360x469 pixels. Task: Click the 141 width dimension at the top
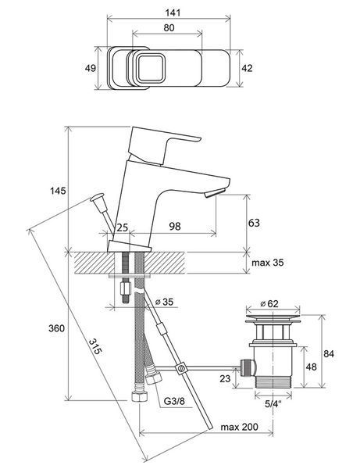click(x=173, y=13)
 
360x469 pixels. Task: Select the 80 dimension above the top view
click(x=169, y=28)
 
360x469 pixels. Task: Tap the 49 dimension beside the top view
click(x=91, y=68)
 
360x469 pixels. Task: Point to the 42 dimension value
click(x=247, y=68)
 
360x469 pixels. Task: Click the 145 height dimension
click(x=58, y=191)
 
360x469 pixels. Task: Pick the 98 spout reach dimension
click(x=175, y=226)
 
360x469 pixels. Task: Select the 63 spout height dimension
click(x=254, y=223)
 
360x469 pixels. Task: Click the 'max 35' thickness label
click(x=268, y=263)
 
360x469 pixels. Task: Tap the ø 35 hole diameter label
click(x=164, y=302)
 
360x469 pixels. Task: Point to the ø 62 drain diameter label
click(x=269, y=303)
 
